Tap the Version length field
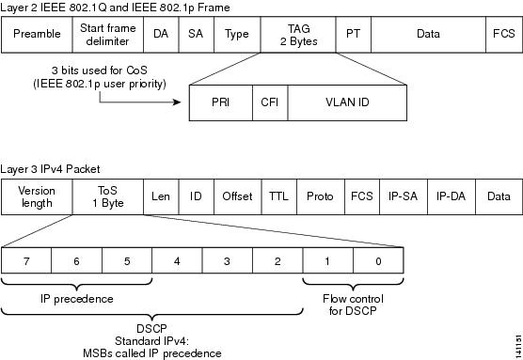pos(37,196)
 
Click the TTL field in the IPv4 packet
pos(278,196)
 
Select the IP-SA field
pos(403,196)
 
